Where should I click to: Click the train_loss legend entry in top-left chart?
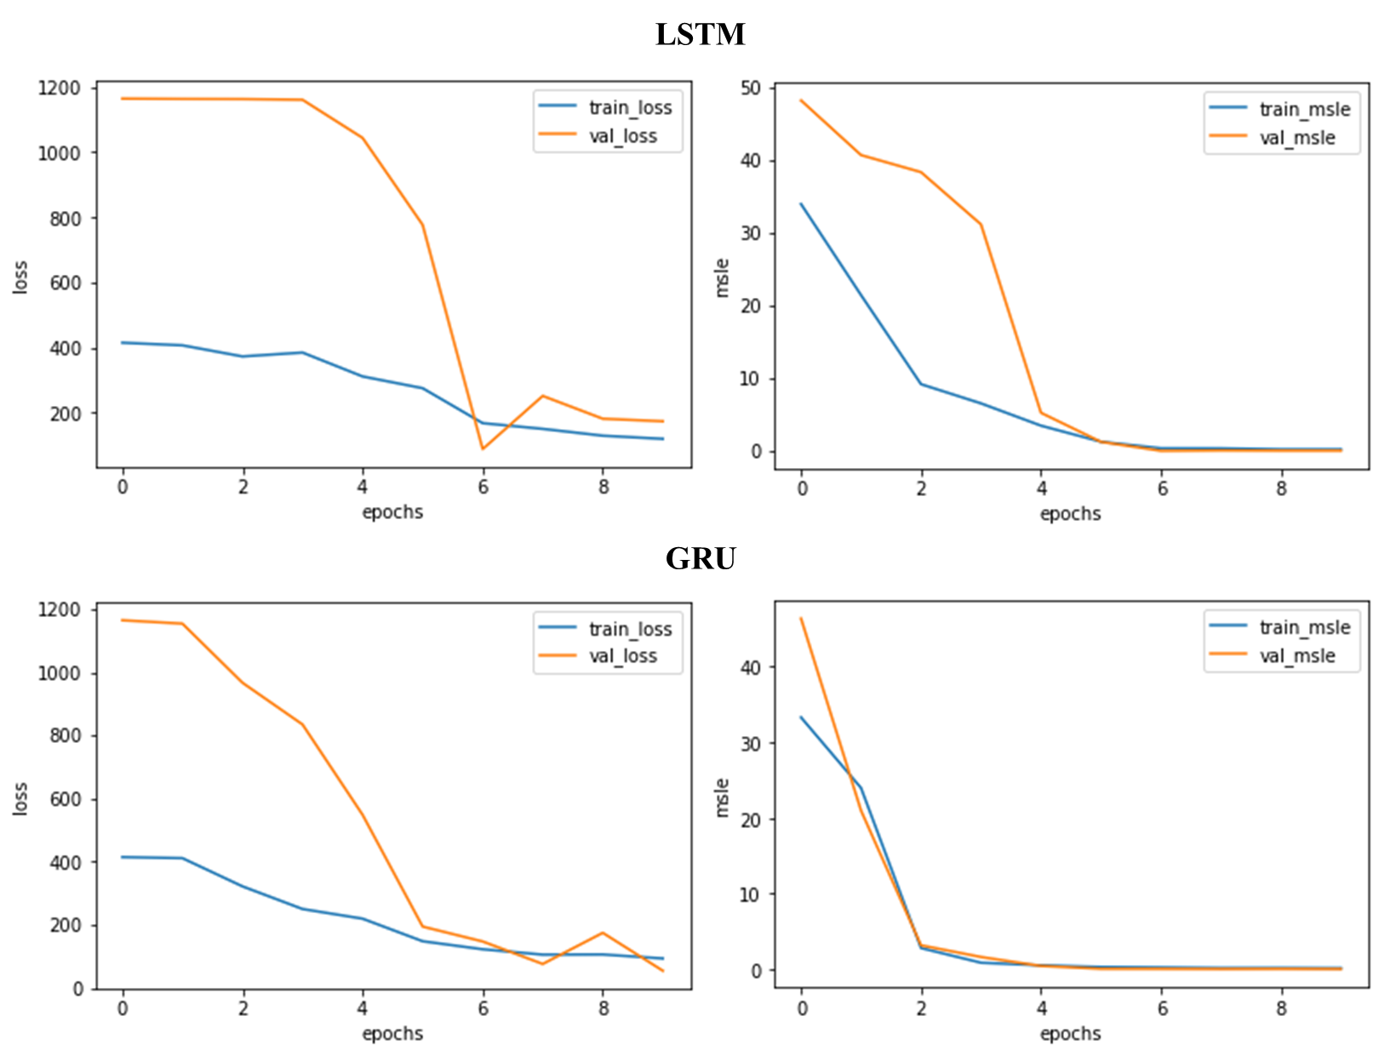click(630, 107)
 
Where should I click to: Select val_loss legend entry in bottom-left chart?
click(623, 656)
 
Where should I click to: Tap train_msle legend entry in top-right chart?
click(1304, 109)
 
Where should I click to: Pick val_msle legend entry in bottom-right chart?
click(1297, 656)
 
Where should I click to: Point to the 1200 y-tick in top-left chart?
click(59, 88)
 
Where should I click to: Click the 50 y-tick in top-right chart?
click(751, 88)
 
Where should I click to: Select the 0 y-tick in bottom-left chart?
click(77, 989)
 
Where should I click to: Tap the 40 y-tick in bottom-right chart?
click(751, 667)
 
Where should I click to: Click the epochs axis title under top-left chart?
click(392, 512)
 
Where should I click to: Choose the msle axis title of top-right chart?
click(723, 277)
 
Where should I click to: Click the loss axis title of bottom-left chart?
click(20, 799)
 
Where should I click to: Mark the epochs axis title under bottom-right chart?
click(1070, 1033)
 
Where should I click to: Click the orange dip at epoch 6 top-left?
click(483, 448)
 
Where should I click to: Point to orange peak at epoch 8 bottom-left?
click(603, 933)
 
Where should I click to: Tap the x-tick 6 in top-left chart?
click(483, 488)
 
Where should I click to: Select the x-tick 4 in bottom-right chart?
click(1041, 1009)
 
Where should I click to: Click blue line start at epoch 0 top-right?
click(801, 204)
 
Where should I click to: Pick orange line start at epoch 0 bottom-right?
click(801, 619)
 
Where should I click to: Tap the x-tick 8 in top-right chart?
click(1281, 489)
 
